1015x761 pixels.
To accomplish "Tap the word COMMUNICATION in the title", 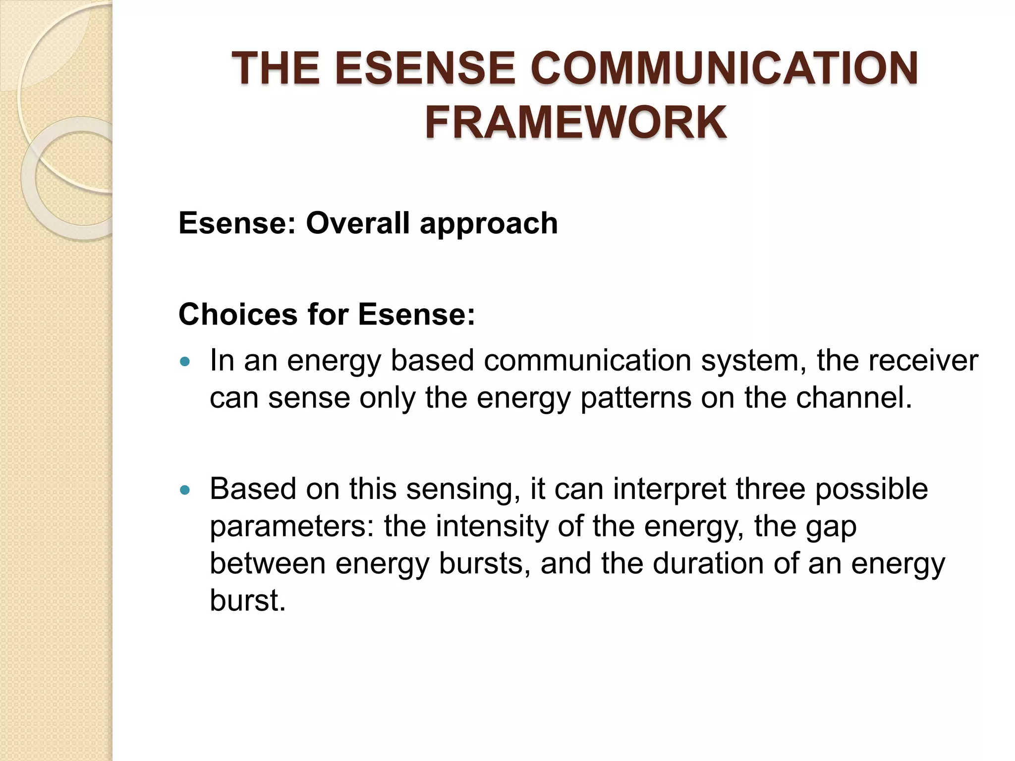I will pyautogui.click(x=724, y=69).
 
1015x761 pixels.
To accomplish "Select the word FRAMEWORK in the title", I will pyautogui.click(x=576, y=123).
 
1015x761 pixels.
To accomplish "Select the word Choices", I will pyautogui.click(x=238, y=315).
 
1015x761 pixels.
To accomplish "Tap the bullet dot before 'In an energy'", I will pyautogui.click(x=185, y=362).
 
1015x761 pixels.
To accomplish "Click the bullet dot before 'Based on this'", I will pyautogui.click(x=185, y=490).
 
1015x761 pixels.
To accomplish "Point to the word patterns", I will pyautogui.click(x=636, y=398).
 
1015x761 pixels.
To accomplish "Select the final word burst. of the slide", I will pyautogui.click(x=247, y=600).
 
